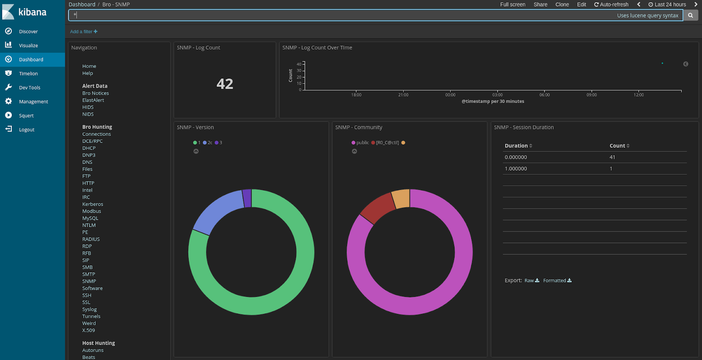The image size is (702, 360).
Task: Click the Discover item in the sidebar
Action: pyautogui.click(x=28, y=32)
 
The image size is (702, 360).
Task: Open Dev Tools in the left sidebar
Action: pyautogui.click(x=29, y=88)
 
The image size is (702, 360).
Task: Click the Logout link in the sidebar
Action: pyautogui.click(x=26, y=130)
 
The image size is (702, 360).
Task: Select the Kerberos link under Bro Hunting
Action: pyautogui.click(x=93, y=204)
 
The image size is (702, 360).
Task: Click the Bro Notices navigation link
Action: pyautogui.click(x=95, y=93)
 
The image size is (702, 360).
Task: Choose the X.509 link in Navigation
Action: pyautogui.click(x=88, y=331)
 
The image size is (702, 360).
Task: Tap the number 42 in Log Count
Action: pyautogui.click(x=225, y=84)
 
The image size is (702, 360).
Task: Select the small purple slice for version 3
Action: pyautogui.click(x=247, y=198)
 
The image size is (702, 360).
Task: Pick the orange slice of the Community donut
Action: pyautogui.click(x=401, y=199)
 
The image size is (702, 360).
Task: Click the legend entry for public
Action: pyautogui.click(x=362, y=143)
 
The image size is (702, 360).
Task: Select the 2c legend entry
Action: pyautogui.click(x=209, y=143)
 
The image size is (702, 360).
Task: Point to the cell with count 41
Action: pyautogui.click(x=612, y=157)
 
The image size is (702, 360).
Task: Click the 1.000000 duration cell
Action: pyautogui.click(x=516, y=169)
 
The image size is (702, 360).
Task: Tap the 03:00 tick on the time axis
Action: pyautogui.click(x=497, y=95)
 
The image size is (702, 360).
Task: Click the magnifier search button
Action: pyautogui.click(x=690, y=15)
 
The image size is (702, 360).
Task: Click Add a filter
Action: pyautogui.click(x=83, y=32)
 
